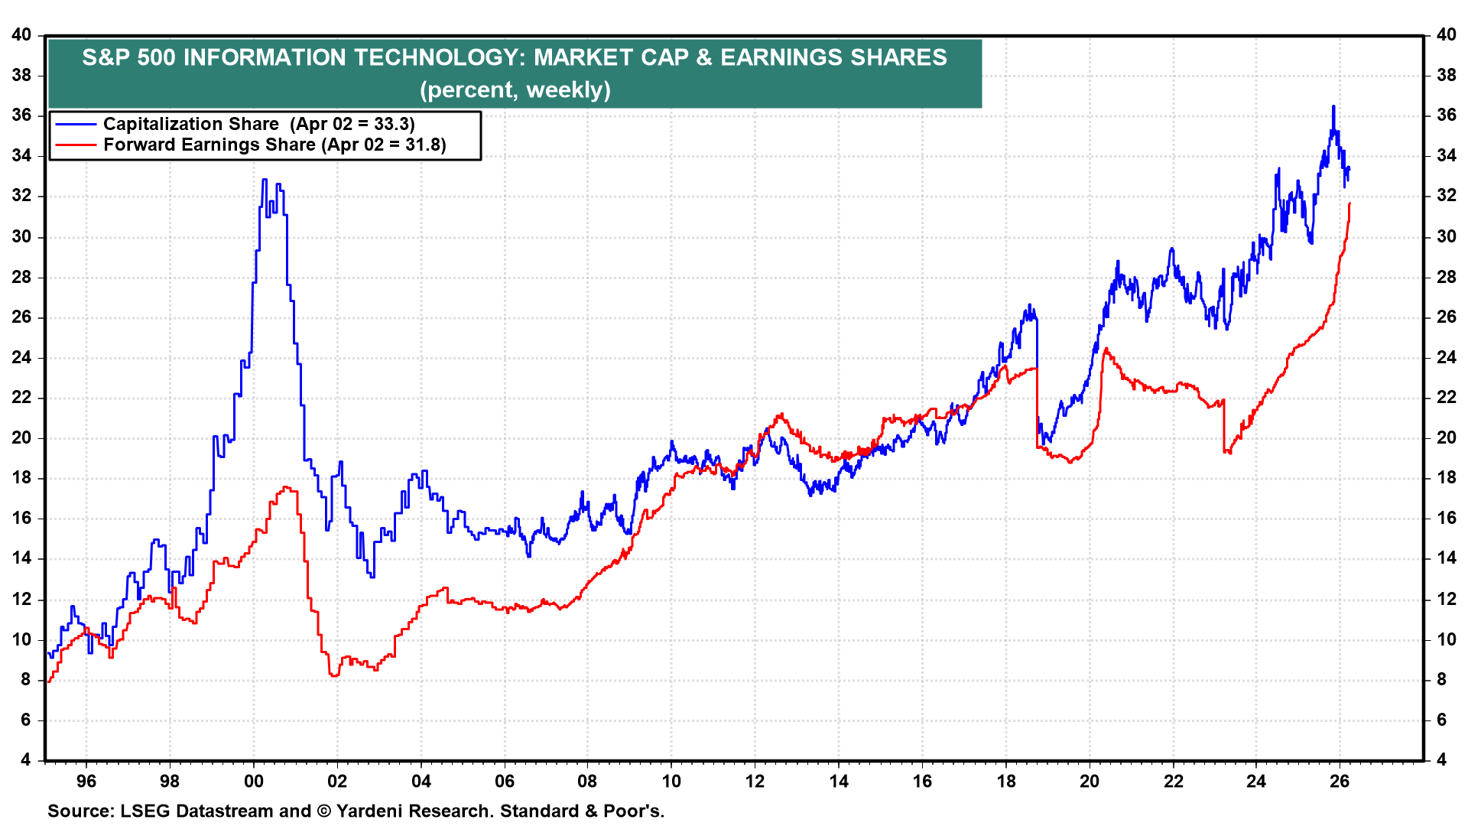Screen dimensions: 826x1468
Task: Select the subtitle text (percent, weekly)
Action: [515, 90]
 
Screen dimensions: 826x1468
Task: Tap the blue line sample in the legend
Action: [76, 124]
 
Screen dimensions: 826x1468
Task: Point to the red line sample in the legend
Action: [76, 145]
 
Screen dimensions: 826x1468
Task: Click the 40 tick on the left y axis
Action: [21, 35]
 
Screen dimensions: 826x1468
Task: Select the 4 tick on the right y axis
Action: [1441, 759]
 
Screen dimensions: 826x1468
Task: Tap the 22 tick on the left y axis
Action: [21, 398]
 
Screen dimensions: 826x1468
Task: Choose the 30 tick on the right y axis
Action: [1447, 236]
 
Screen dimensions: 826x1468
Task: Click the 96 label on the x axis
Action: [86, 782]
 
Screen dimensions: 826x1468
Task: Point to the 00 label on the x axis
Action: [254, 782]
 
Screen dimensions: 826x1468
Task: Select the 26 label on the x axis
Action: [1340, 782]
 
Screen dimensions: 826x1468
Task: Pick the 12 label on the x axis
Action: [755, 782]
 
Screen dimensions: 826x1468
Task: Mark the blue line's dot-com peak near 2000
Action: [265, 180]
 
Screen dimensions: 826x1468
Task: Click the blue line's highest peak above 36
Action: [1333, 106]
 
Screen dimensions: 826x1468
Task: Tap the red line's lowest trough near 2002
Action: [334, 675]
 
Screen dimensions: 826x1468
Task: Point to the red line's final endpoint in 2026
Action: [1349, 203]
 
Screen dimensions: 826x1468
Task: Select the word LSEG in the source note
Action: [144, 811]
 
